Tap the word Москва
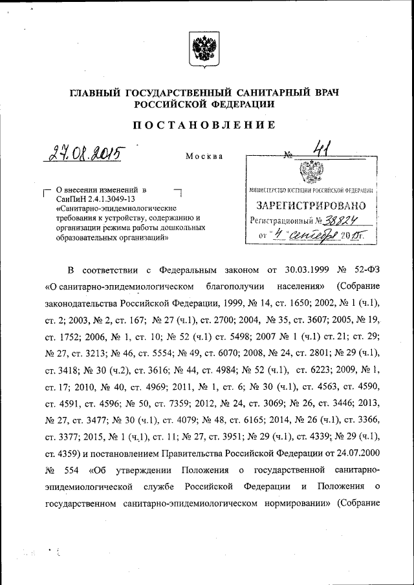pyautogui.click(x=204, y=156)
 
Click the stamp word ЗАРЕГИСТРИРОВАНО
pyautogui.click(x=310, y=206)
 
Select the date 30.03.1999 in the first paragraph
pyautogui.click(x=298, y=270)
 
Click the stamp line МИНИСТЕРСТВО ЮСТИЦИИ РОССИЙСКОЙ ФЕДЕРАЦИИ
pyautogui.click(x=310, y=191)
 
